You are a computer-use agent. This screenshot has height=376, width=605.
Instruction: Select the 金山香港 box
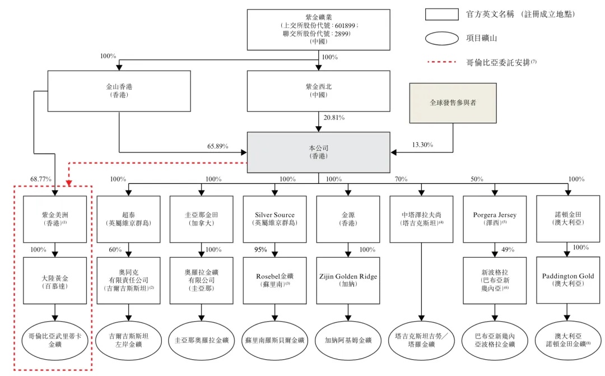coord(119,91)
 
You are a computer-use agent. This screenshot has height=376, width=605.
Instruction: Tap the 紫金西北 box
coord(319,91)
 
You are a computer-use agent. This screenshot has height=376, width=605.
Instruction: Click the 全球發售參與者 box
coord(453,103)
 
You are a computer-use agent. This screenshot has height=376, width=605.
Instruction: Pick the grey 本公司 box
coord(319,152)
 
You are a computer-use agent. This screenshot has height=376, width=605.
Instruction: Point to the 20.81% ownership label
coord(334,118)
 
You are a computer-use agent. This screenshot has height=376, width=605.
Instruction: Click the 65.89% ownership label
coord(218,146)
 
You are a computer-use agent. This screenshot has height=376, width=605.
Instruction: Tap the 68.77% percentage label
coord(41,179)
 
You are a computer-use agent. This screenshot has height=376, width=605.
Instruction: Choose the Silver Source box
coord(274,219)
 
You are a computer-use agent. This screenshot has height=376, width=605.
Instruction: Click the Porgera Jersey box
coord(495,219)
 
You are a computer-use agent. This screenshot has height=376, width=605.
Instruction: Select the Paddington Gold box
coord(567,280)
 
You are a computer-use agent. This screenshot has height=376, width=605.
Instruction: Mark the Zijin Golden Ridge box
coord(348,280)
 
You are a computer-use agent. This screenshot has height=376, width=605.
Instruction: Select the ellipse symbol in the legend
coord(442,39)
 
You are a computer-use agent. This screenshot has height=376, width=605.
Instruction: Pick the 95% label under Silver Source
coord(260,250)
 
